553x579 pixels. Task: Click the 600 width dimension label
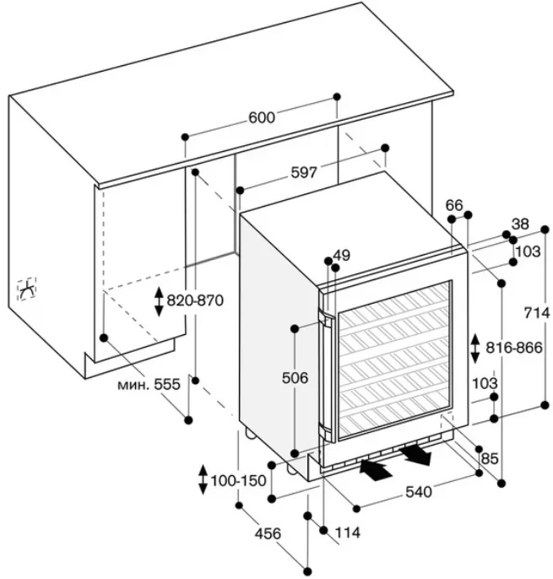point(262,118)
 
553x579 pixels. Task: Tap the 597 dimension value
point(303,172)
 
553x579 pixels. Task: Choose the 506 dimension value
point(294,378)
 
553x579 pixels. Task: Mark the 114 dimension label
point(347,533)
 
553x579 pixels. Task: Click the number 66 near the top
point(454,205)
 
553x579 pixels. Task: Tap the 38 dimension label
point(521,225)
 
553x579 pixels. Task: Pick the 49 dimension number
point(341,255)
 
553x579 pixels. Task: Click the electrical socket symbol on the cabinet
point(28,289)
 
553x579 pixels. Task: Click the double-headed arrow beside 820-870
point(158,301)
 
